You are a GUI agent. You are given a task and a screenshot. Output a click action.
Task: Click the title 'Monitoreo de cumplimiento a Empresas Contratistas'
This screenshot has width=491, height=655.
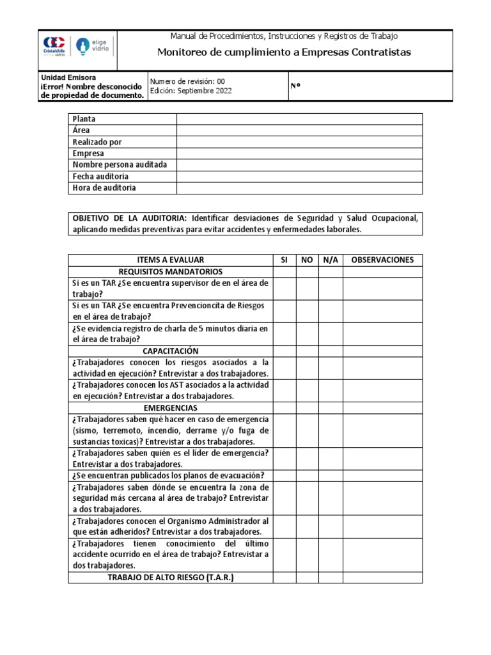(284, 52)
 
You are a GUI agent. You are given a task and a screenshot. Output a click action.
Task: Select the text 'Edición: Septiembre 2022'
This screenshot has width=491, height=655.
(191, 91)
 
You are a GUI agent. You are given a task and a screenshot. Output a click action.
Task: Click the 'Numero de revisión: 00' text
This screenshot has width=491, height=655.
(187, 81)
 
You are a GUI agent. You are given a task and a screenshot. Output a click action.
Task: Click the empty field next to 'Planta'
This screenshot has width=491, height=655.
(299, 119)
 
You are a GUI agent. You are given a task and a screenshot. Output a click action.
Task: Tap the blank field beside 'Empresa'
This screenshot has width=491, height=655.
(299, 154)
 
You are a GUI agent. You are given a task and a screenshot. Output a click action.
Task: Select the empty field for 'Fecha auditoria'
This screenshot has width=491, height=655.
(299, 177)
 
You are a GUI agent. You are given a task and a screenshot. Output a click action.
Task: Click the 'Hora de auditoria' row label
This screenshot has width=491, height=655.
(104, 188)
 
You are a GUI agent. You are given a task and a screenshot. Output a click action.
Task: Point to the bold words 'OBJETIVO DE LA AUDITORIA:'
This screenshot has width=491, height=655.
(130, 218)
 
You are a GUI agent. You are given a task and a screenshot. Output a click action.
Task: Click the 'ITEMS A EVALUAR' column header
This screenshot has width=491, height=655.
(171, 260)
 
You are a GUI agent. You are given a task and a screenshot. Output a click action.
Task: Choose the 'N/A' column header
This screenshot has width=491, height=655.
(331, 260)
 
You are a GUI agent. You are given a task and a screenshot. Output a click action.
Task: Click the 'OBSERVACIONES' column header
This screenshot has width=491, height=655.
(382, 260)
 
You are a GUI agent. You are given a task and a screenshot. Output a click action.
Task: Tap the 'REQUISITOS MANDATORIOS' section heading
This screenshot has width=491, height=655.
(171, 272)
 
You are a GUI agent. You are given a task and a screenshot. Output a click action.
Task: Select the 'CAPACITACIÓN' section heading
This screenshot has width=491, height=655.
(171, 351)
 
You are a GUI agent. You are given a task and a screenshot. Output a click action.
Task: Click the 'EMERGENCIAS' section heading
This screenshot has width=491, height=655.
(171, 407)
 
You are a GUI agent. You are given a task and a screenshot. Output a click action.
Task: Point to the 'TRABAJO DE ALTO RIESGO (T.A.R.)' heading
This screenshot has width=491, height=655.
(171, 578)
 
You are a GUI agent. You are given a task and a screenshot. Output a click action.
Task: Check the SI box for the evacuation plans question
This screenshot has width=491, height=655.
(284, 475)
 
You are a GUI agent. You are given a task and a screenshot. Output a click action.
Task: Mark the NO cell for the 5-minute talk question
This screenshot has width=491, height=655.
(308, 334)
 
